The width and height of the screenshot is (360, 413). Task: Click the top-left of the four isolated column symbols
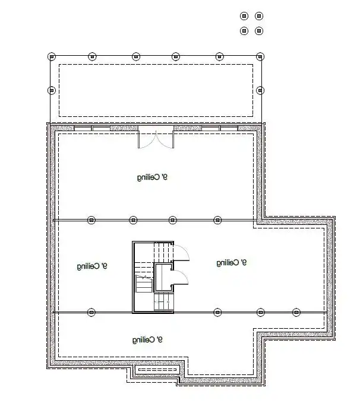(244, 16)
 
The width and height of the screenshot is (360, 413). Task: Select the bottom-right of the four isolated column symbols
(259, 30)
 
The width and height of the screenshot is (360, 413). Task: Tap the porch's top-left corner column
(52, 57)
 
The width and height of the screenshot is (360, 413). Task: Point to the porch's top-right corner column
(260, 57)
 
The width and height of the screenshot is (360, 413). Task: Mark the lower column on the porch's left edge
(52, 90)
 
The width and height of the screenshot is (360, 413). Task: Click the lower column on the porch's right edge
(260, 90)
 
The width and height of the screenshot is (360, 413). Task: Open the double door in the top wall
(156, 138)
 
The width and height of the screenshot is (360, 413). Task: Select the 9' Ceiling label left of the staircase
(92, 266)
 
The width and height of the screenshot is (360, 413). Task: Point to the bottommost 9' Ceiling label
(147, 339)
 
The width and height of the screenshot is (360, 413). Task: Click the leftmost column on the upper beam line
(91, 220)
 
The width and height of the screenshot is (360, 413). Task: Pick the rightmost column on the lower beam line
(296, 312)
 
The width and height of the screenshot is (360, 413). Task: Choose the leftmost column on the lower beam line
(91, 312)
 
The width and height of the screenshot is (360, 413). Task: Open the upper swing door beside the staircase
(181, 252)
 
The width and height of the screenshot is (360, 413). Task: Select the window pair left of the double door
(92, 128)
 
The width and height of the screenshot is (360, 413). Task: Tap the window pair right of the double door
(219, 128)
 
